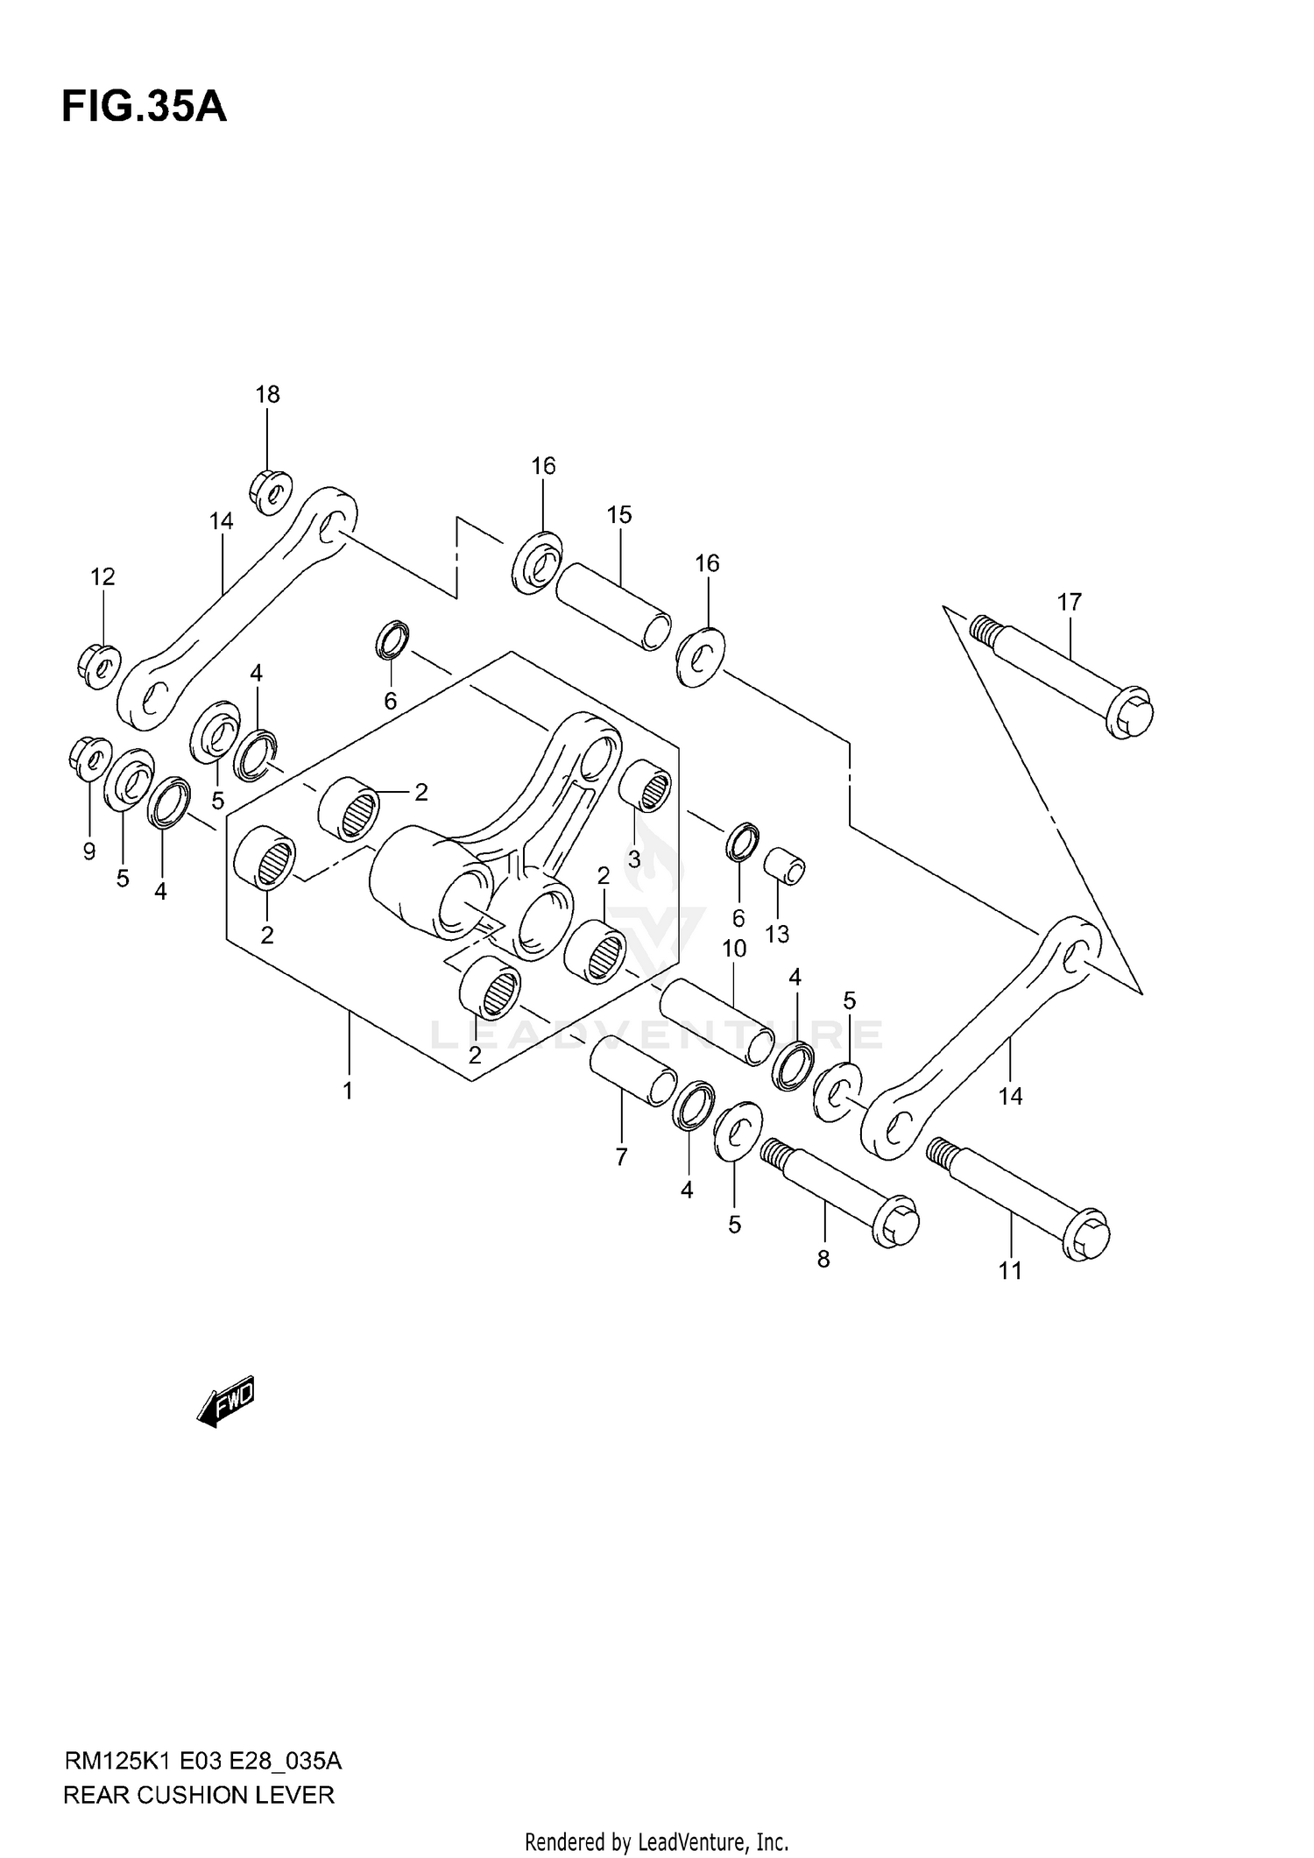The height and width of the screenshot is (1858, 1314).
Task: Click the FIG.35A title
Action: tap(144, 108)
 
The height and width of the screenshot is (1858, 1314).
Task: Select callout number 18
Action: tap(267, 394)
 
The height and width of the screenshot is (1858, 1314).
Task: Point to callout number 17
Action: tap(1069, 602)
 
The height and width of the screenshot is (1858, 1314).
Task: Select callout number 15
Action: tap(618, 515)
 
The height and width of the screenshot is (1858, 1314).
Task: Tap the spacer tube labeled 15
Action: tap(614, 605)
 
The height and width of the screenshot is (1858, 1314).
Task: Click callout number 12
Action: tap(102, 576)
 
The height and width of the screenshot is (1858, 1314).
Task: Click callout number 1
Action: tap(348, 1091)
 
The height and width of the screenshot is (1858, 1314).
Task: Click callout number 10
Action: tap(734, 948)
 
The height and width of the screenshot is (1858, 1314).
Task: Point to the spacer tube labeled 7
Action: tap(632, 1070)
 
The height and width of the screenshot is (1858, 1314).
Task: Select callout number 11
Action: tap(1010, 1270)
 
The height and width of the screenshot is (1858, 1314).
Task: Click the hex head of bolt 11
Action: tap(1086, 1234)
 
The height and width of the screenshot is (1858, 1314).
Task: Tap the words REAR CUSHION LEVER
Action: tap(199, 1795)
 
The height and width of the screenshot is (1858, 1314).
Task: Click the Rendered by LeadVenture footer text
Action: tap(656, 1842)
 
